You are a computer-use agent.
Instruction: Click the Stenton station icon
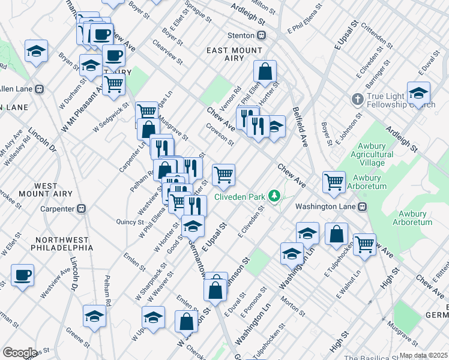click(262, 35)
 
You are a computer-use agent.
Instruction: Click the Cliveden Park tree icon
click(274, 196)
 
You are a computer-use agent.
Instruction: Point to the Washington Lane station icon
click(363, 206)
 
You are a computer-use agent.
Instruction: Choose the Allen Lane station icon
click(39, 89)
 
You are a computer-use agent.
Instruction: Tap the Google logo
click(19, 353)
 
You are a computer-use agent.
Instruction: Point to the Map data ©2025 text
click(423, 355)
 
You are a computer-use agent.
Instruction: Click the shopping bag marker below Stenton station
click(264, 72)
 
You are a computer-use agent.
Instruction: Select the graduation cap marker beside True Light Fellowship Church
click(418, 93)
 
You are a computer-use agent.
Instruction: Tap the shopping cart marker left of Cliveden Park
click(223, 175)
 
